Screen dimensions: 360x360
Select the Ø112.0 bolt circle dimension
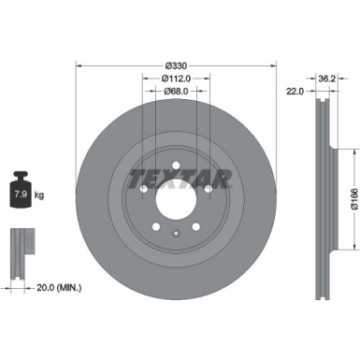pyautogui.click(x=177, y=79)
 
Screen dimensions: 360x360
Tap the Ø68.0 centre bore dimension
pyautogui.click(x=177, y=92)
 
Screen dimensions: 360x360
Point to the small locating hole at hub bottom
pyautogui.click(x=177, y=233)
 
